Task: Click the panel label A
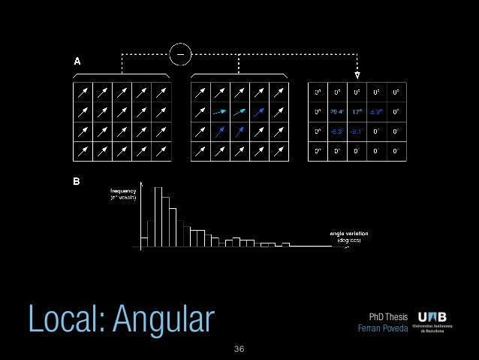pyautogui.click(x=77, y=62)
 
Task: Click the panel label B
pyautogui.click(x=77, y=182)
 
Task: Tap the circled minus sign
pyautogui.click(x=181, y=53)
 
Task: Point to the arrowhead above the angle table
pyautogui.click(x=357, y=75)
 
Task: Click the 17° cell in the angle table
pyautogui.click(x=357, y=111)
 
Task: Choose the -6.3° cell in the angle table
pyautogui.click(x=337, y=131)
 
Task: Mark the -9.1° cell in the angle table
pyautogui.click(x=357, y=131)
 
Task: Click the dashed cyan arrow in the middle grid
pyautogui.click(x=220, y=111)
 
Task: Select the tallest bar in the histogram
pyautogui.click(x=158, y=217)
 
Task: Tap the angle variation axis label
pyautogui.click(x=348, y=237)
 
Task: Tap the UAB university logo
pyautogui.click(x=438, y=323)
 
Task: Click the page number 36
pyautogui.click(x=239, y=349)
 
